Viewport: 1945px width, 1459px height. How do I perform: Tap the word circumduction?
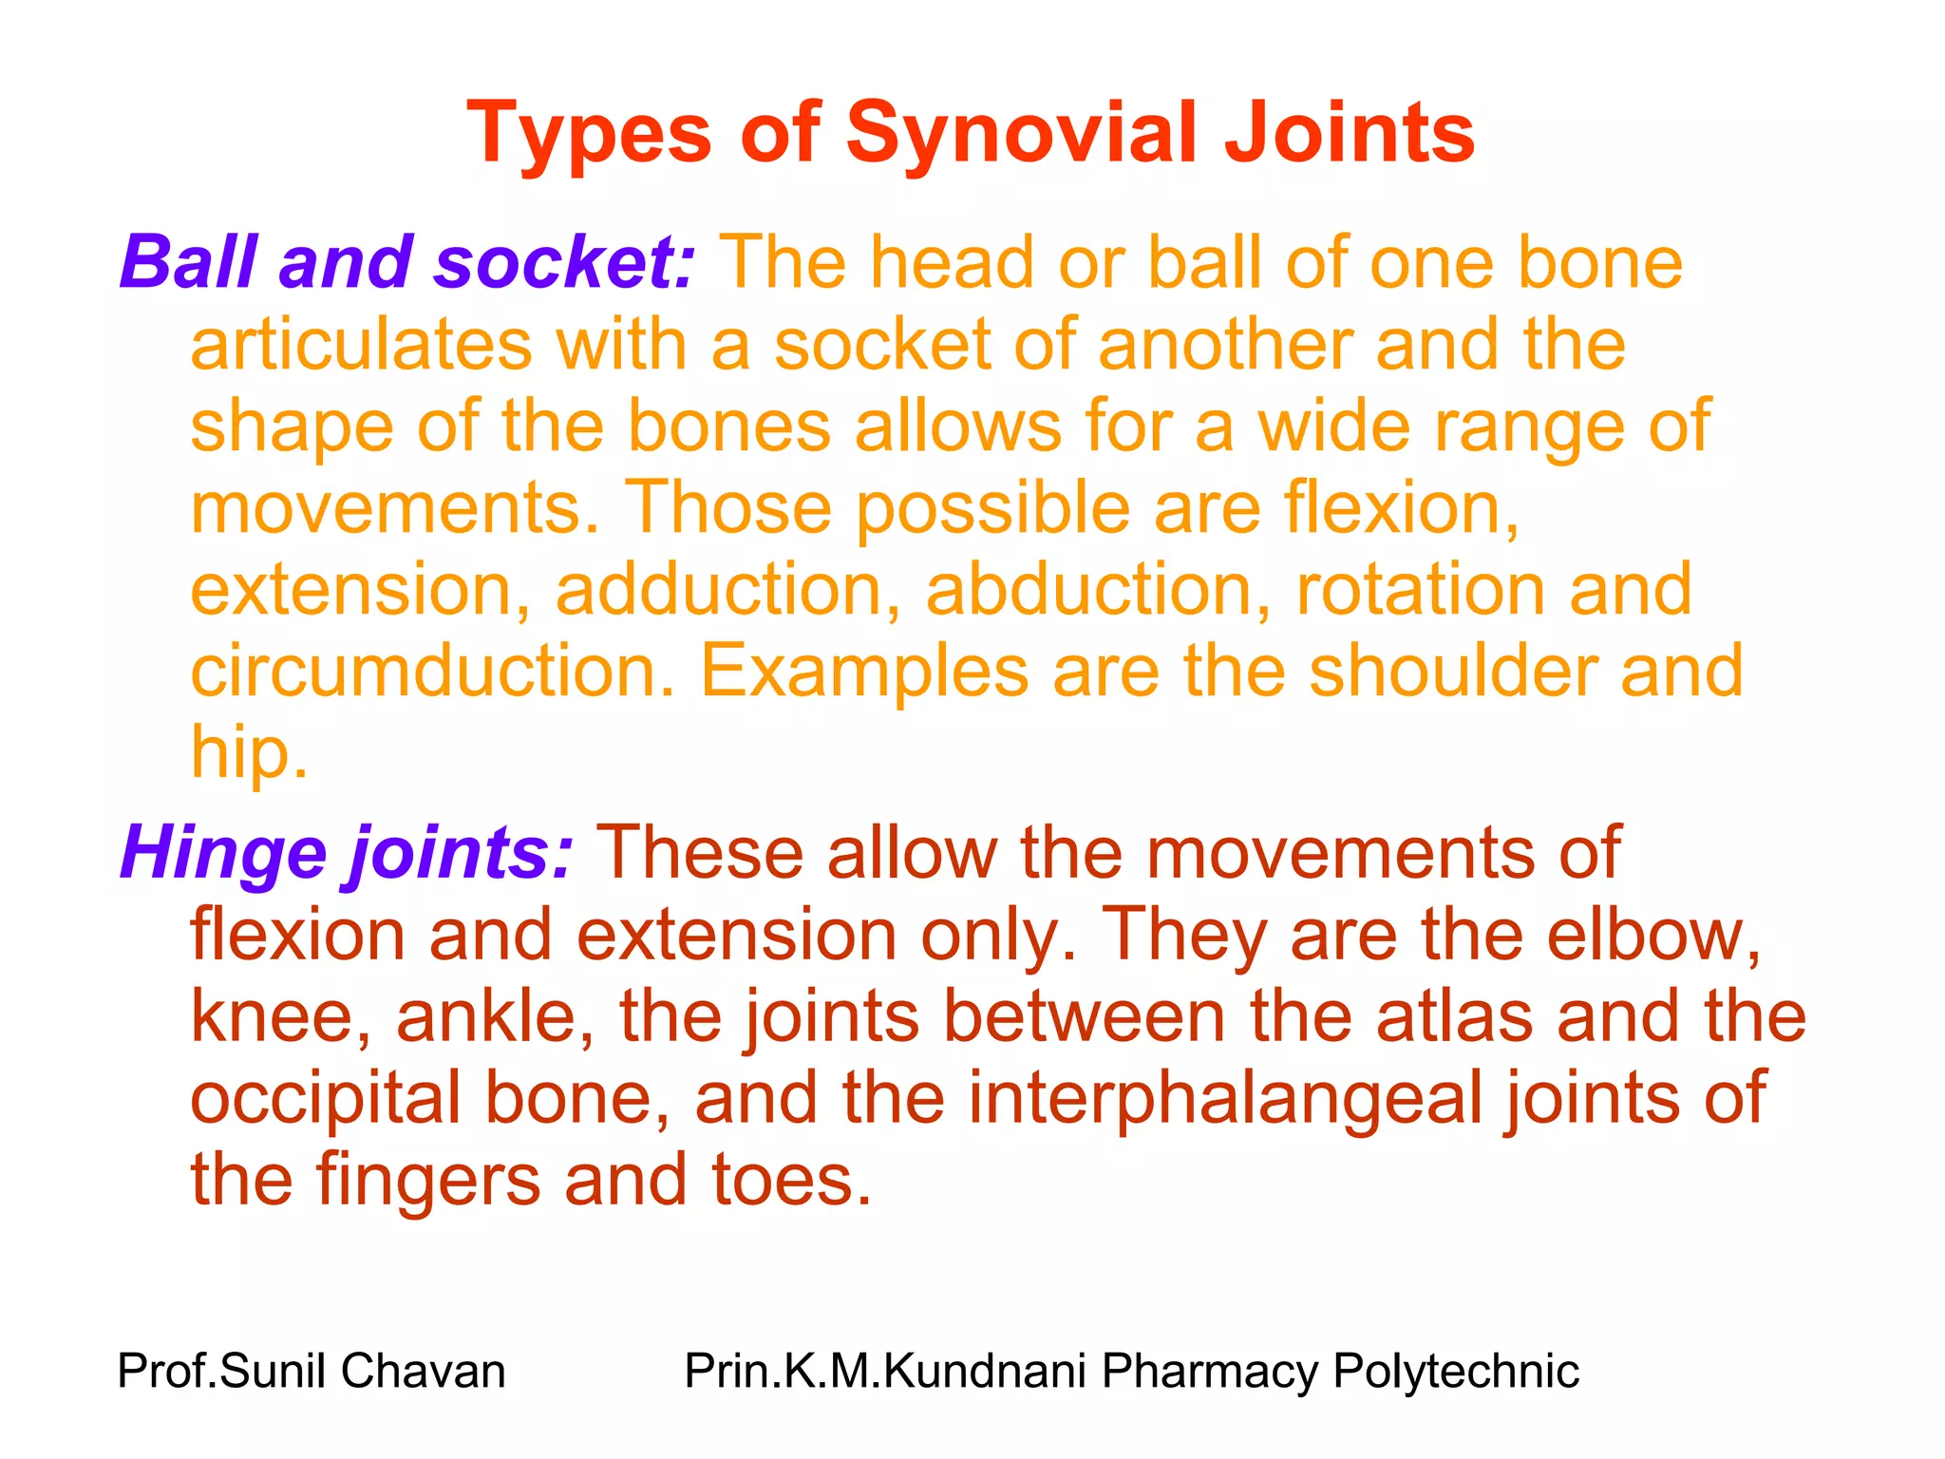coord(432,671)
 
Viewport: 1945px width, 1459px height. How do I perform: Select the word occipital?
coord(327,1098)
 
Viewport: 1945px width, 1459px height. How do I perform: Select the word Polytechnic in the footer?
coord(1456,1372)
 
